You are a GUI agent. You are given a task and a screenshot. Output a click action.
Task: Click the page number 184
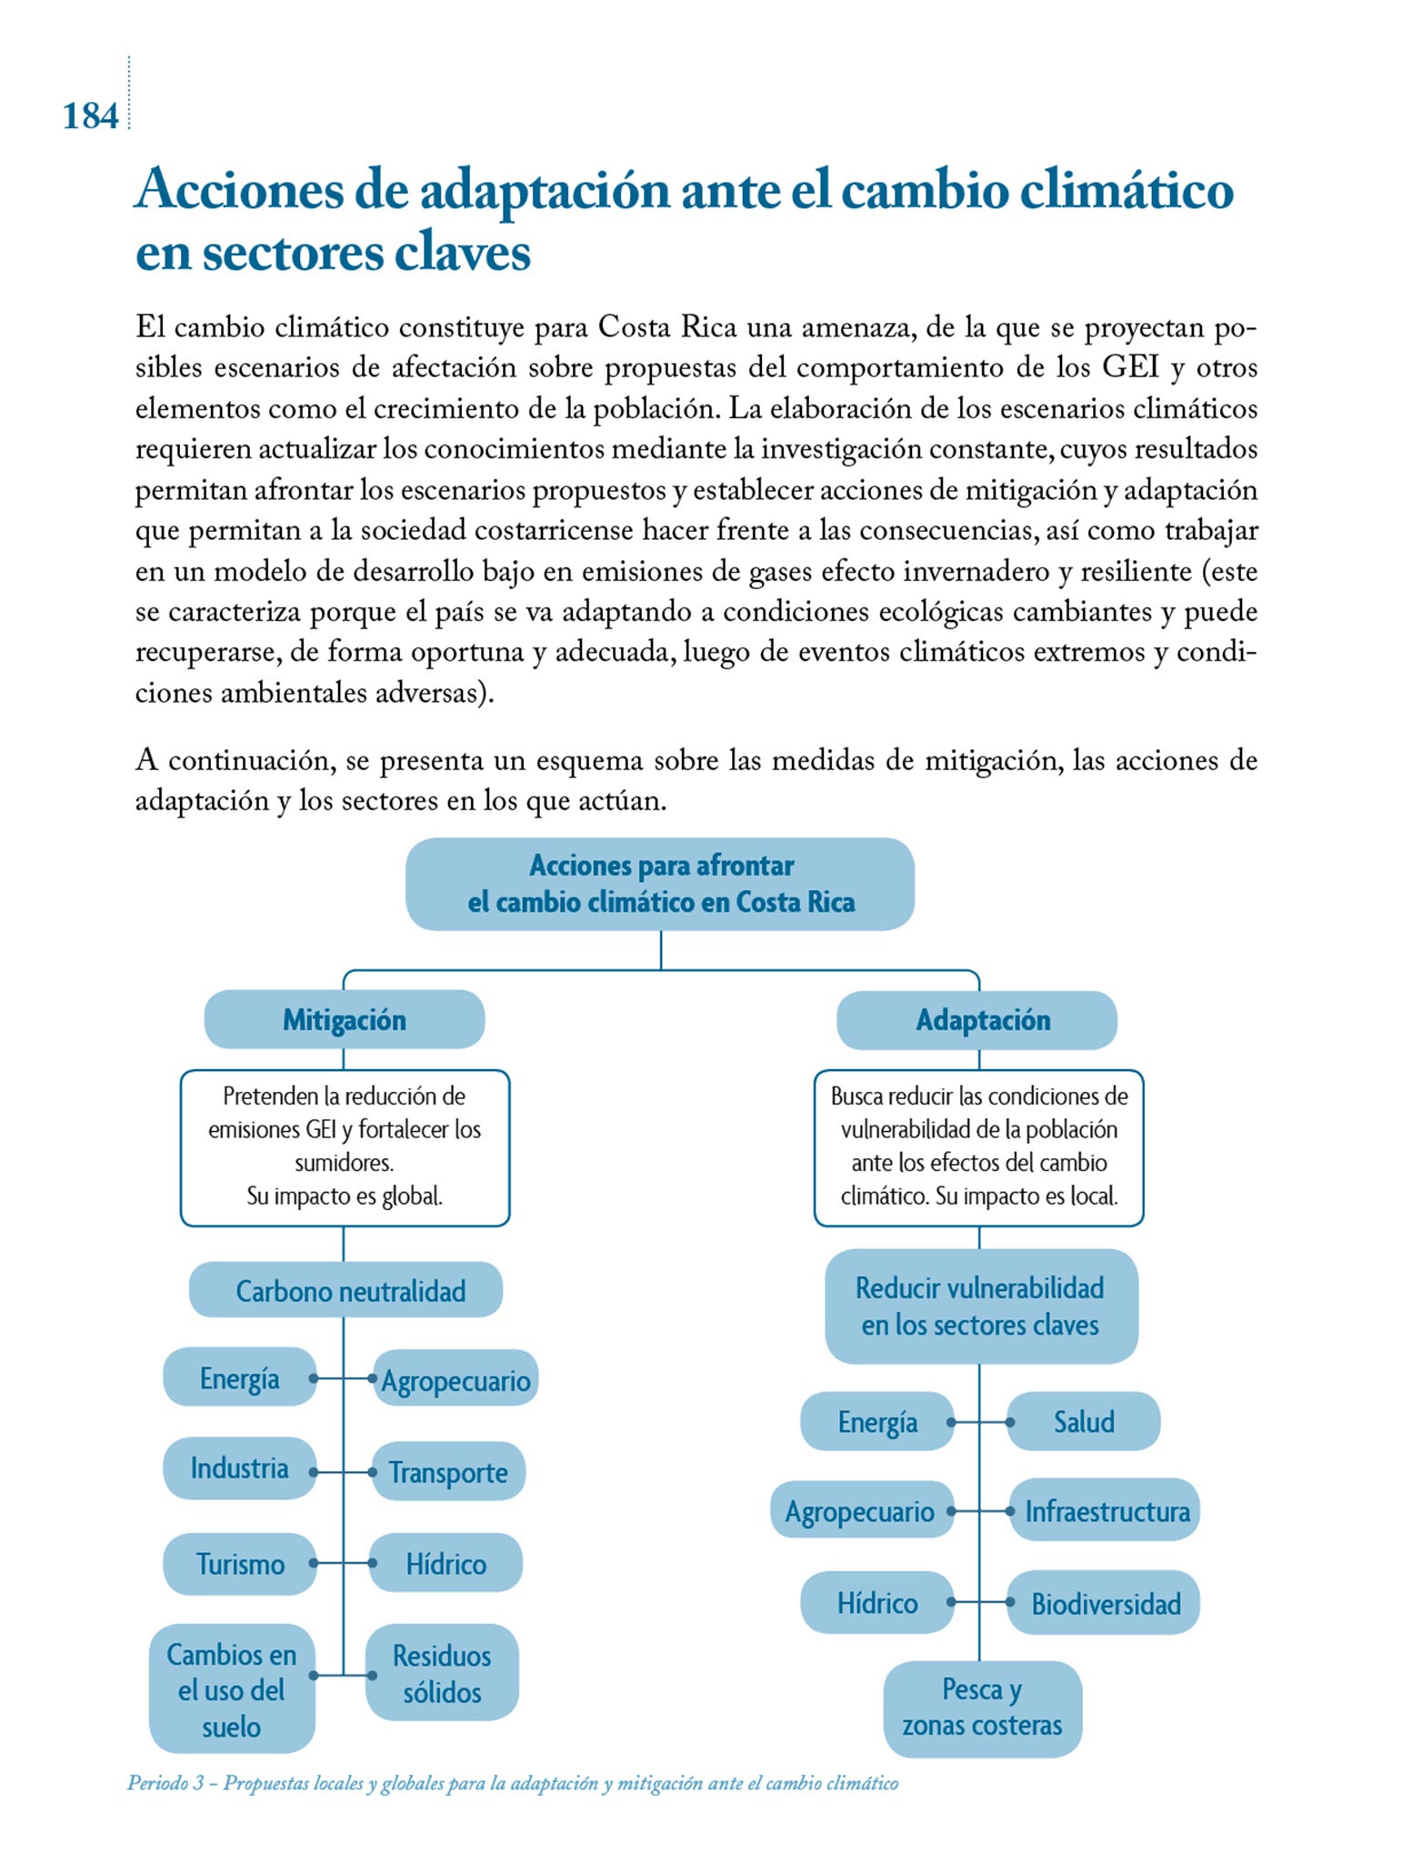click(x=90, y=116)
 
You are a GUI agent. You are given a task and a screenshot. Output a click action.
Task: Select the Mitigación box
click(x=344, y=1019)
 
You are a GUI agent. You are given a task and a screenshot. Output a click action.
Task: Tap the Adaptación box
click(x=977, y=1020)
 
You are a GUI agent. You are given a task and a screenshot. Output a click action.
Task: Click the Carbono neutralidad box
click(x=345, y=1290)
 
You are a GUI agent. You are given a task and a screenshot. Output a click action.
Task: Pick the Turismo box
click(x=240, y=1564)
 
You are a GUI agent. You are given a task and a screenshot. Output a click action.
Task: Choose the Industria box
click(x=240, y=1468)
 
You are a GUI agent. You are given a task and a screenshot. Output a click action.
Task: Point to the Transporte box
click(x=447, y=1472)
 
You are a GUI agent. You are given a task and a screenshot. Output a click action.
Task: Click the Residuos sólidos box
click(x=442, y=1673)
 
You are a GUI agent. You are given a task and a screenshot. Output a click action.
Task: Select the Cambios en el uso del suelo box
click(x=232, y=1689)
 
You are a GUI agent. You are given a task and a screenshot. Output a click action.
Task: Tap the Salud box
click(x=1083, y=1421)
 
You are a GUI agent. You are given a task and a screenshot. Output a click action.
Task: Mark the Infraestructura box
click(x=1106, y=1510)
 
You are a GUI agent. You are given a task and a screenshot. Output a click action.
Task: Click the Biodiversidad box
click(x=1105, y=1603)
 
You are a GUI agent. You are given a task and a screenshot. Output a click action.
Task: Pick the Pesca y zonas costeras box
click(x=982, y=1707)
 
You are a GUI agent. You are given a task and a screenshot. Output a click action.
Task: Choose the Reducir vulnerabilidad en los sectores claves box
click(x=980, y=1306)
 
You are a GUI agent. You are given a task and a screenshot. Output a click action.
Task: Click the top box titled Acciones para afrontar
click(x=660, y=884)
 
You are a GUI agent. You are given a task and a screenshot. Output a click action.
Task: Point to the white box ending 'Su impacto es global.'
click(x=345, y=1147)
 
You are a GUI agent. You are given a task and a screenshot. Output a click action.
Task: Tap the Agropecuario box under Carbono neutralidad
click(x=456, y=1380)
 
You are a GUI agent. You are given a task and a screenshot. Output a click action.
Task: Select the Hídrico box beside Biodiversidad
click(x=876, y=1602)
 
